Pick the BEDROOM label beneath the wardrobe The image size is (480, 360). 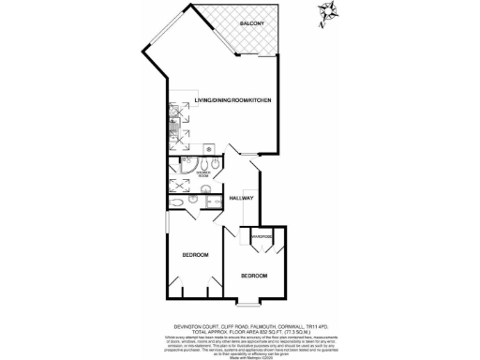253,276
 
